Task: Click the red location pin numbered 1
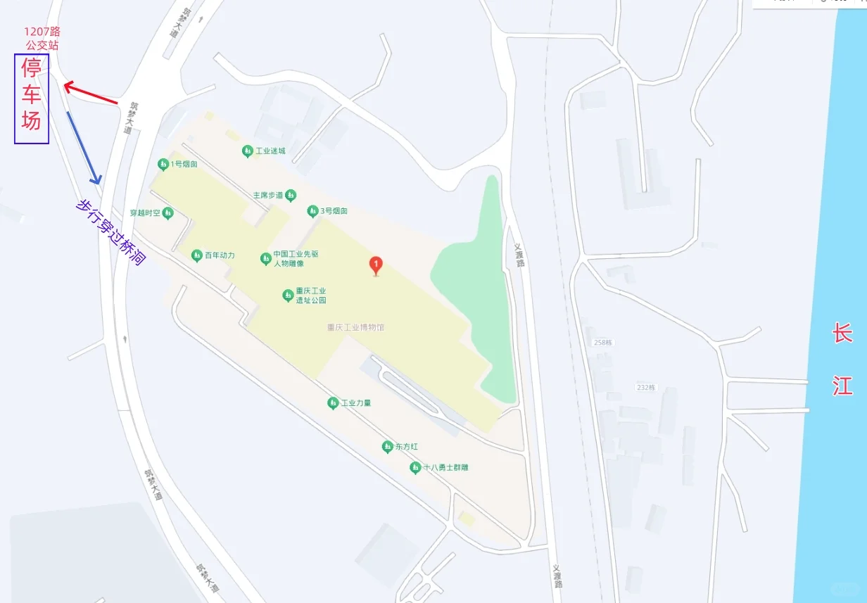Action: (376, 265)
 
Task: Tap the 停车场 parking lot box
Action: (32, 99)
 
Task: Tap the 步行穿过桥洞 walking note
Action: (110, 231)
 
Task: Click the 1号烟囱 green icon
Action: (163, 164)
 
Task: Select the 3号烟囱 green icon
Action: (312, 211)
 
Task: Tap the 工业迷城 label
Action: (271, 151)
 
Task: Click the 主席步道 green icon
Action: (291, 195)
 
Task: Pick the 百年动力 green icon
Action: (197, 255)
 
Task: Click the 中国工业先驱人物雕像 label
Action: (296, 259)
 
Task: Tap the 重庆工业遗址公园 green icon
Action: (288, 296)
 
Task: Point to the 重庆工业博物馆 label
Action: (355, 327)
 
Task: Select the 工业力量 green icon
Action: (333, 403)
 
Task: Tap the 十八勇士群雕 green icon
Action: (415, 468)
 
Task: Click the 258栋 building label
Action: (604, 343)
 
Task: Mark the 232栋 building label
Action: (646, 388)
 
